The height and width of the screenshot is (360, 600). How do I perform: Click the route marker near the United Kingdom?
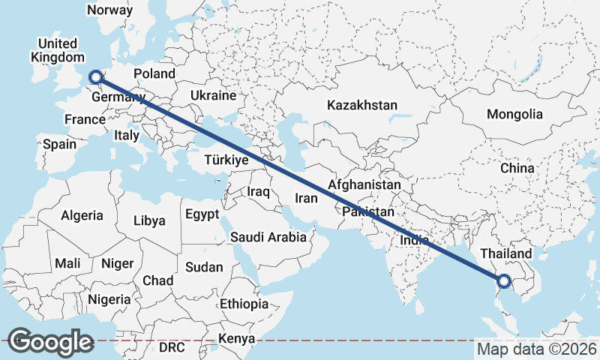tap(95, 76)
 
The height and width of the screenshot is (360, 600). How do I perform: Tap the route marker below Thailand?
tap(503, 282)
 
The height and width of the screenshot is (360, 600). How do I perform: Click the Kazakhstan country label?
tap(361, 106)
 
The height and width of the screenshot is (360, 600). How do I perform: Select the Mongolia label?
tap(514, 115)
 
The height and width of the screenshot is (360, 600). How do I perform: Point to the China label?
tap(517, 168)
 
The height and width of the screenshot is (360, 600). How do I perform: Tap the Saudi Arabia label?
tap(268, 237)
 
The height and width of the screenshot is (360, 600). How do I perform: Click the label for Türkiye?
tap(226, 160)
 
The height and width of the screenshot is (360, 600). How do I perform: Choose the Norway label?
tap(109, 10)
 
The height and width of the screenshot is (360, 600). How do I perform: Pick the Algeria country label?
tap(82, 215)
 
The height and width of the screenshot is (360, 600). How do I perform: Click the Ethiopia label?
tap(244, 304)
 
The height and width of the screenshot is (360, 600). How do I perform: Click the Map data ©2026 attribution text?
tap(536, 349)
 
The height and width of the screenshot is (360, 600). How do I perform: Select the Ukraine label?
tap(213, 96)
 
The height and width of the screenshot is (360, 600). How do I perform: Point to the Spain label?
tap(60, 144)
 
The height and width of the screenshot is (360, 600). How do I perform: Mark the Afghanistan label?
tap(364, 184)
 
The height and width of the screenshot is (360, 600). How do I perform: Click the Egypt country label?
tap(202, 214)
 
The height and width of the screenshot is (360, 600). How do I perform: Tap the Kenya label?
tap(235, 340)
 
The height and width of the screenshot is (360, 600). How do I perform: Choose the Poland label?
tap(154, 73)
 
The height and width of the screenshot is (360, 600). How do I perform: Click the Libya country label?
tap(148, 221)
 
